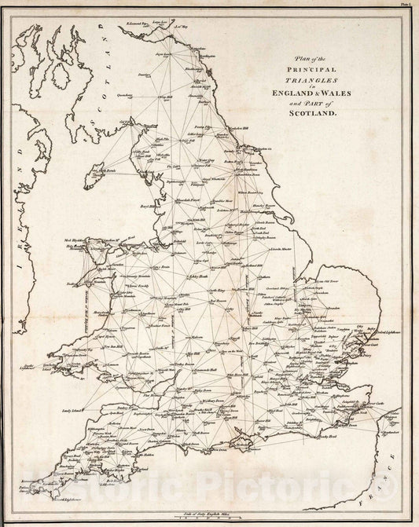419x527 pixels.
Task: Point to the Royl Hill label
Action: (x=151, y=207)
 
